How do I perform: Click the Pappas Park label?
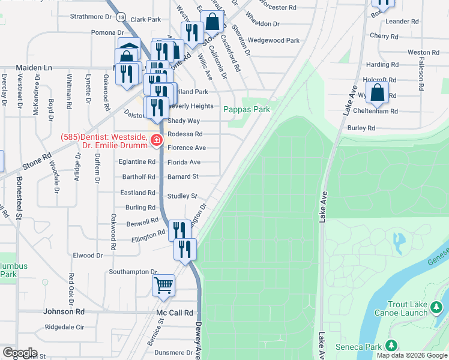click(x=247, y=109)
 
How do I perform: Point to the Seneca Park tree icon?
click(x=391, y=346)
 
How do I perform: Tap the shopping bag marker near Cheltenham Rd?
click(x=377, y=92)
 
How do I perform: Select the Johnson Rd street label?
click(x=64, y=312)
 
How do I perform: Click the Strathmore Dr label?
click(x=91, y=17)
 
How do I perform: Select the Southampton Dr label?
click(x=133, y=272)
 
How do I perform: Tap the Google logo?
click(x=20, y=352)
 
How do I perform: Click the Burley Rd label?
click(x=361, y=128)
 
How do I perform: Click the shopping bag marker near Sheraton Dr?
click(x=213, y=22)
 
